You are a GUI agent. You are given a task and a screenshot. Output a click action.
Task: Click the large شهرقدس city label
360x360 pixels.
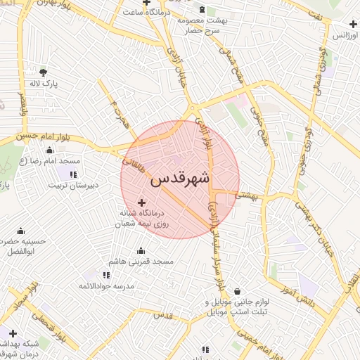[x=180, y=179]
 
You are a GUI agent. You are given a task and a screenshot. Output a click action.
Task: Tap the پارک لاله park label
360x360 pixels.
[x=43, y=84]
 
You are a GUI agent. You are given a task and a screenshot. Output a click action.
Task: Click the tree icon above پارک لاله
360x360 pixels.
[x=44, y=72]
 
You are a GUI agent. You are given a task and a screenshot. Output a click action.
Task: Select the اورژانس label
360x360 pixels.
[x=344, y=34]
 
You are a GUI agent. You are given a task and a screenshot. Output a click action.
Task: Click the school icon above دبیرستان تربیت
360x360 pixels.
[x=73, y=174]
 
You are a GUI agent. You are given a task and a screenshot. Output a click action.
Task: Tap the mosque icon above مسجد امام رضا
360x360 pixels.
[x=50, y=150]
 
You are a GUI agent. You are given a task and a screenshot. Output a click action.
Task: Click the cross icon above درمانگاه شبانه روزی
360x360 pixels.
[x=141, y=202]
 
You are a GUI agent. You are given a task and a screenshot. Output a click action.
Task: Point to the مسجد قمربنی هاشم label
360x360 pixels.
[x=141, y=262]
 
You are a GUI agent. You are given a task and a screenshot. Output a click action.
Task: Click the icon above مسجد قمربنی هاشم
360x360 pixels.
[x=141, y=250]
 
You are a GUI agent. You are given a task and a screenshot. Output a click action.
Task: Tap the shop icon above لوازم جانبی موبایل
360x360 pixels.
[x=238, y=291]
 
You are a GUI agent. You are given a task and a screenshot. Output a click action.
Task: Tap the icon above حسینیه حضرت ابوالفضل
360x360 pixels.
[x=21, y=231]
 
